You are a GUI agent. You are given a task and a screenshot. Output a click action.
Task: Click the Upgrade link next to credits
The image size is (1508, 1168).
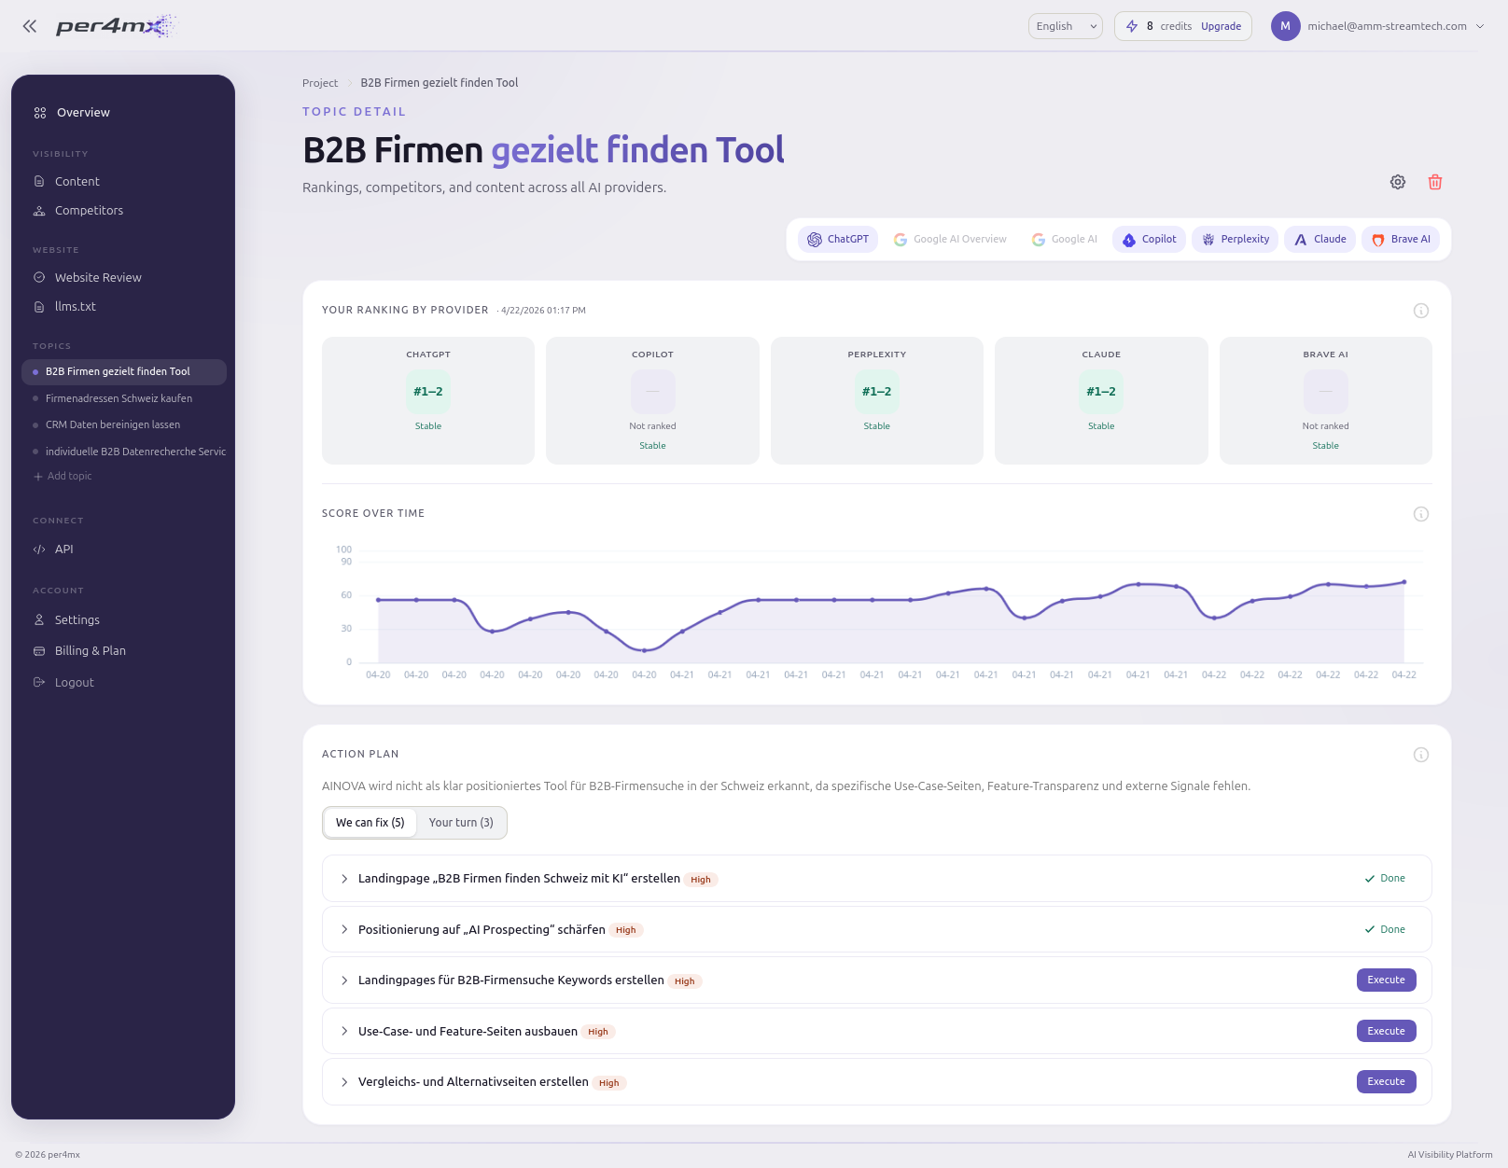point(1221,26)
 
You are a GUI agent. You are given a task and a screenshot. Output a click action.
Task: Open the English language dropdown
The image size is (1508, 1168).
point(1065,26)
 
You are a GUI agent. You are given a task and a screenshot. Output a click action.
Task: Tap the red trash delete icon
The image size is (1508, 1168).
point(1435,182)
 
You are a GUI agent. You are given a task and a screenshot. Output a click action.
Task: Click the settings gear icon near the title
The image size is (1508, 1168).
point(1398,182)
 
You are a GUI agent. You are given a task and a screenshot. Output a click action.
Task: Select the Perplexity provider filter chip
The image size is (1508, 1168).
point(1236,240)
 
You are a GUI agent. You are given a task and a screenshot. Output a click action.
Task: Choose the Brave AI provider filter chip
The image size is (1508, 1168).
point(1401,240)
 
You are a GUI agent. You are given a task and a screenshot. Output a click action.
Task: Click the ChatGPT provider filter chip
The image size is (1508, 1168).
point(838,240)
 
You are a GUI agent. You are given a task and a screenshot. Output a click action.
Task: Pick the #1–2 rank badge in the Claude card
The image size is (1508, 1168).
point(1101,392)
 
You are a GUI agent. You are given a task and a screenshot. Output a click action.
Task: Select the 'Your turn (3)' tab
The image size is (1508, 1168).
point(461,823)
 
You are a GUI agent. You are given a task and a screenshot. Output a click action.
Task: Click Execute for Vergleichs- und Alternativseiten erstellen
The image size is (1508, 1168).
point(1386,1082)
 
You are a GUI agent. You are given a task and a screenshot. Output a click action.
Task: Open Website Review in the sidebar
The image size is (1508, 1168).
point(98,278)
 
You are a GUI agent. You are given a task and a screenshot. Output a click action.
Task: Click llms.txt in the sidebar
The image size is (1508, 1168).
point(76,307)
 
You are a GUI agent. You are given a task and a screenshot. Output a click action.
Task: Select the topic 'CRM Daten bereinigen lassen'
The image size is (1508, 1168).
point(113,425)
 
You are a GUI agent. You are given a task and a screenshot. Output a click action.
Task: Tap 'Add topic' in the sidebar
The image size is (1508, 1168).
point(69,477)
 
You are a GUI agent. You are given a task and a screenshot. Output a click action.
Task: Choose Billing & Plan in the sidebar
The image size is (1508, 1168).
point(91,651)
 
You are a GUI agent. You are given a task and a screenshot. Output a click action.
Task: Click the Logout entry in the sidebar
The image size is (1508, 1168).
point(75,683)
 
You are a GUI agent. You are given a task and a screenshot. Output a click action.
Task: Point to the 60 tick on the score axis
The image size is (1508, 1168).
point(346,595)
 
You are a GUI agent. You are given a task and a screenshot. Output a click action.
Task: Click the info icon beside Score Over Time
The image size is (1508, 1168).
point(1421,514)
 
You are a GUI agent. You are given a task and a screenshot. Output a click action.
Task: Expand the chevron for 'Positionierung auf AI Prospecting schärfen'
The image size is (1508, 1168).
point(344,930)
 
